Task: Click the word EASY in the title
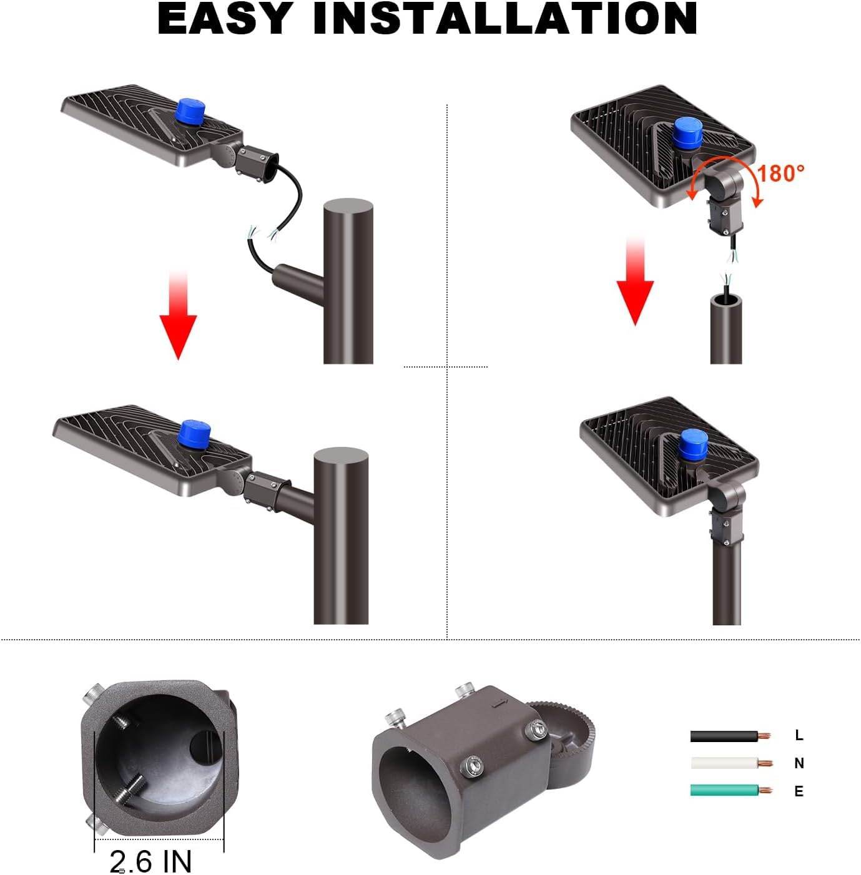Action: (x=224, y=19)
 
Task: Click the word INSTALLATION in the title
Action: (x=505, y=19)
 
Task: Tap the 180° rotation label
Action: (x=780, y=174)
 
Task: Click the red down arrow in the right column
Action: (x=635, y=281)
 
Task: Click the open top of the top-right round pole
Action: (x=726, y=303)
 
